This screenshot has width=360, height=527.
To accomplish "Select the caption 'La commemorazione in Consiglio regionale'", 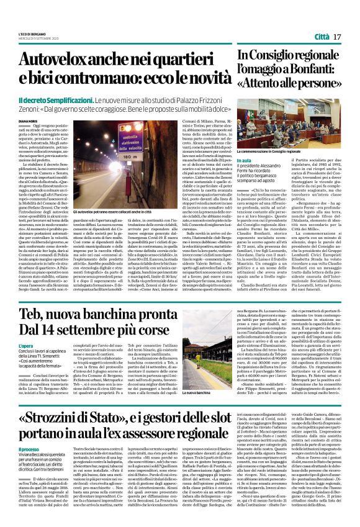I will (x=296, y=151).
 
